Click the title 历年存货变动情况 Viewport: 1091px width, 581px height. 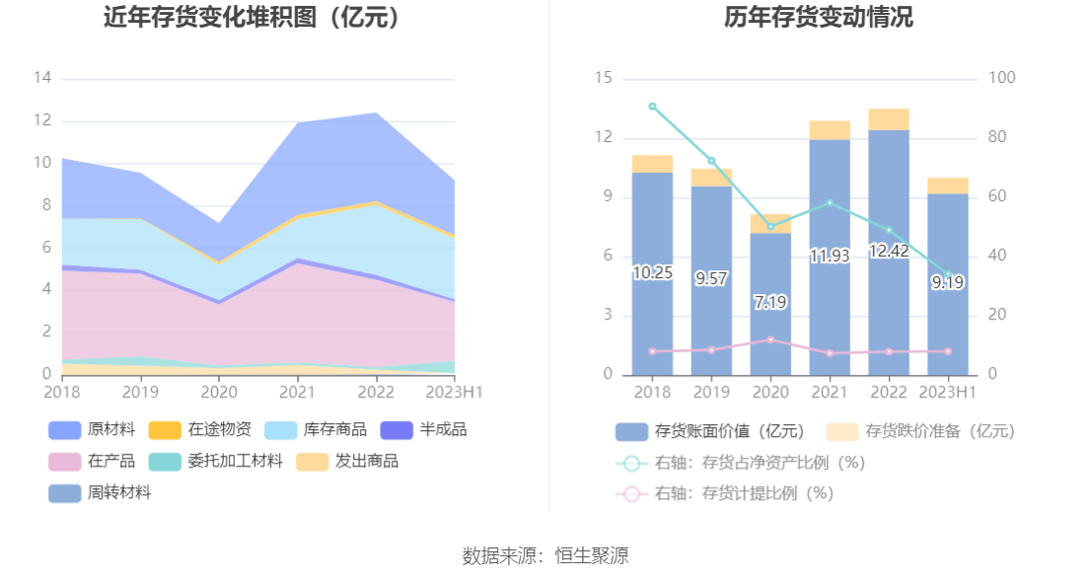point(819,18)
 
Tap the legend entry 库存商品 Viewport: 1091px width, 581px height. point(316,430)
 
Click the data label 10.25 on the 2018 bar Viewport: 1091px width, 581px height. point(652,273)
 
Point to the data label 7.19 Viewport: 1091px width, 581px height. point(770,302)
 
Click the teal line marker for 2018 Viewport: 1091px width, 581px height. point(652,107)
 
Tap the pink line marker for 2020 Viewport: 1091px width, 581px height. point(770,339)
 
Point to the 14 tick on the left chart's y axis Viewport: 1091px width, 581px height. point(42,78)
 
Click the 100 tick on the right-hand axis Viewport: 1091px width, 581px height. point(1002,78)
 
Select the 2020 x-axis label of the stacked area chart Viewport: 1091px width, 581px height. point(218,391)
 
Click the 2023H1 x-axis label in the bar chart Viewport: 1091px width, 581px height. point(947,392)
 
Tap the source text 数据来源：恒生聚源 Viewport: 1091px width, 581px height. point(545,556)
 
